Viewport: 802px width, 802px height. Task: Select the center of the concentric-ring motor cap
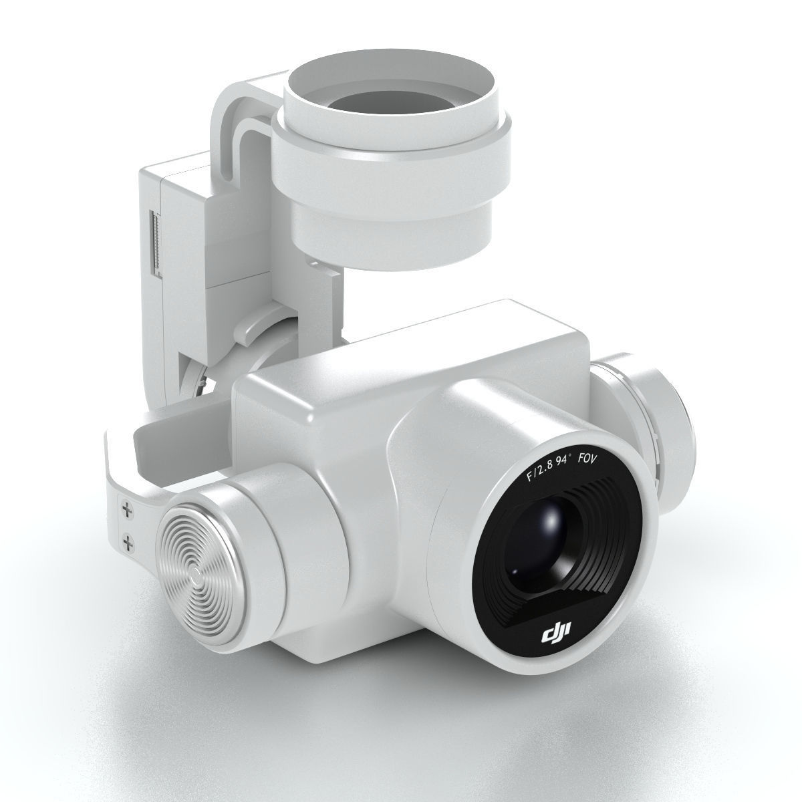pos(194,573)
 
